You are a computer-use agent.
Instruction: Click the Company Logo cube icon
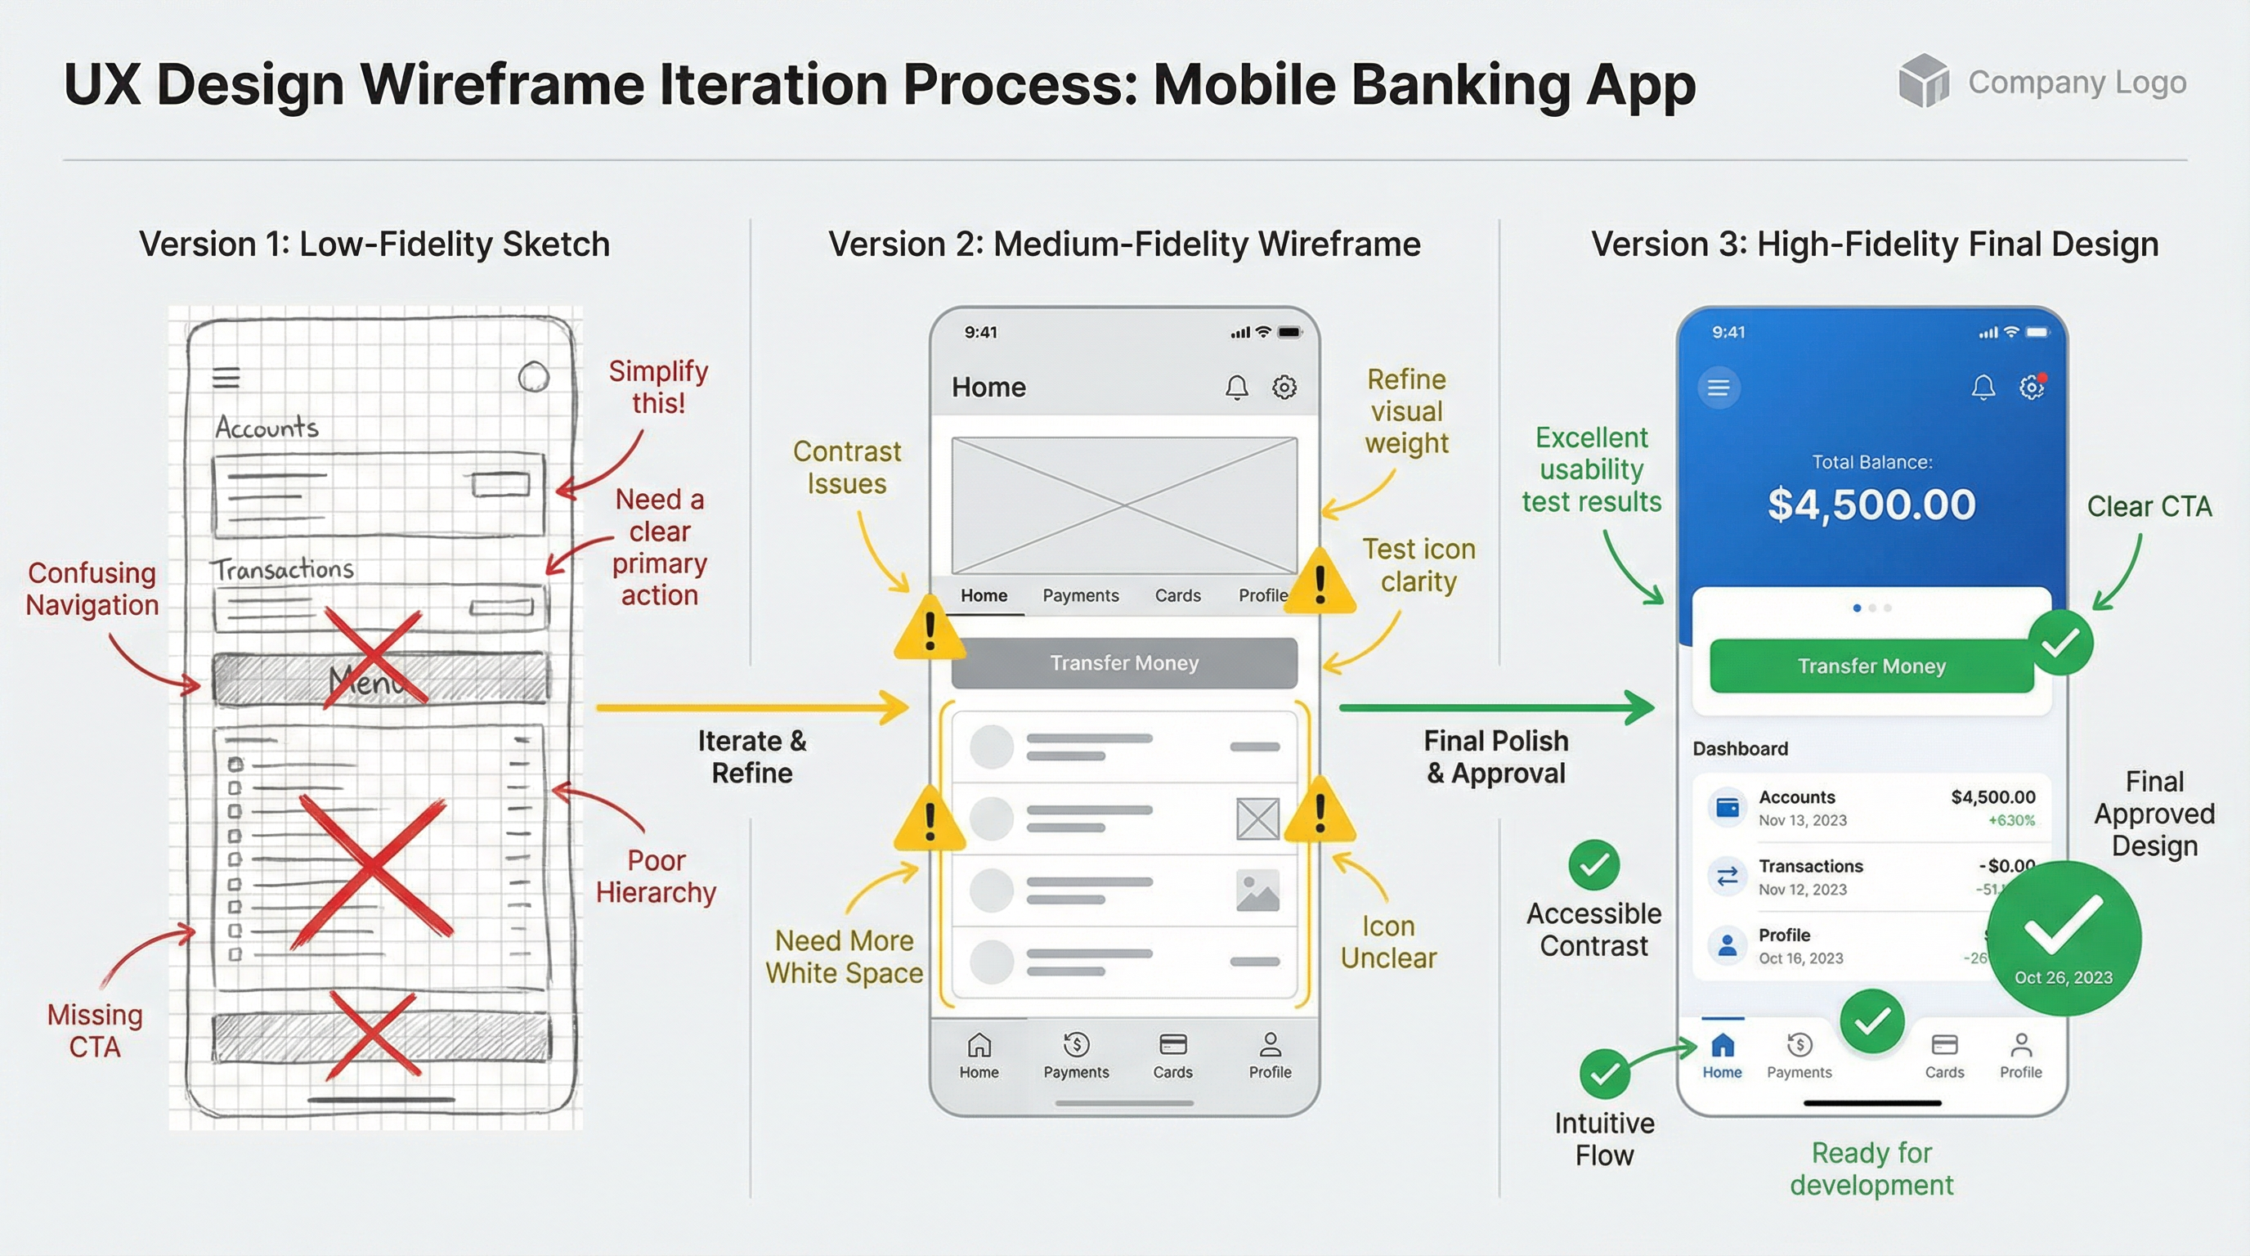coord(1923,80)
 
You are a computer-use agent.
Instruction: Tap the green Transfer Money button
coord(1871,666)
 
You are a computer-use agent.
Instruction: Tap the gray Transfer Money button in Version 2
coord(1123,663)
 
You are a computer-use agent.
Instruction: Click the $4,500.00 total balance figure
coord(1871,505)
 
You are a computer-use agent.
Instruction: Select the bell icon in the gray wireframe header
coord(1236,387)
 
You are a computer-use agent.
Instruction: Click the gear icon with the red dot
coord(2032,387)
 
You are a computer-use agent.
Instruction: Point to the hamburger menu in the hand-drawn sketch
coord(226,377)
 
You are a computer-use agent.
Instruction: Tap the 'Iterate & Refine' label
coord(751,756)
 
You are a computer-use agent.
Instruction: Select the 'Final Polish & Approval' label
coord(1495,756)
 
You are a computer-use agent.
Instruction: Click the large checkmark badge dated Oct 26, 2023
coord(2063,937)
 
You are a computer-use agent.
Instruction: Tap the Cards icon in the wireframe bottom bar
coord(1172,1045)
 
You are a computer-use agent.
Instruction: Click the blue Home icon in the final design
coord(1722,1045)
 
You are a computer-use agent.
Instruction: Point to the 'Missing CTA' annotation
coord(94,1030)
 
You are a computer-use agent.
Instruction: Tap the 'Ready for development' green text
coord(1871,1169)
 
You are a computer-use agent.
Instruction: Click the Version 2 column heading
coord(1123,244)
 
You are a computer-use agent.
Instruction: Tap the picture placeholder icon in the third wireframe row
coord(1257,891)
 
